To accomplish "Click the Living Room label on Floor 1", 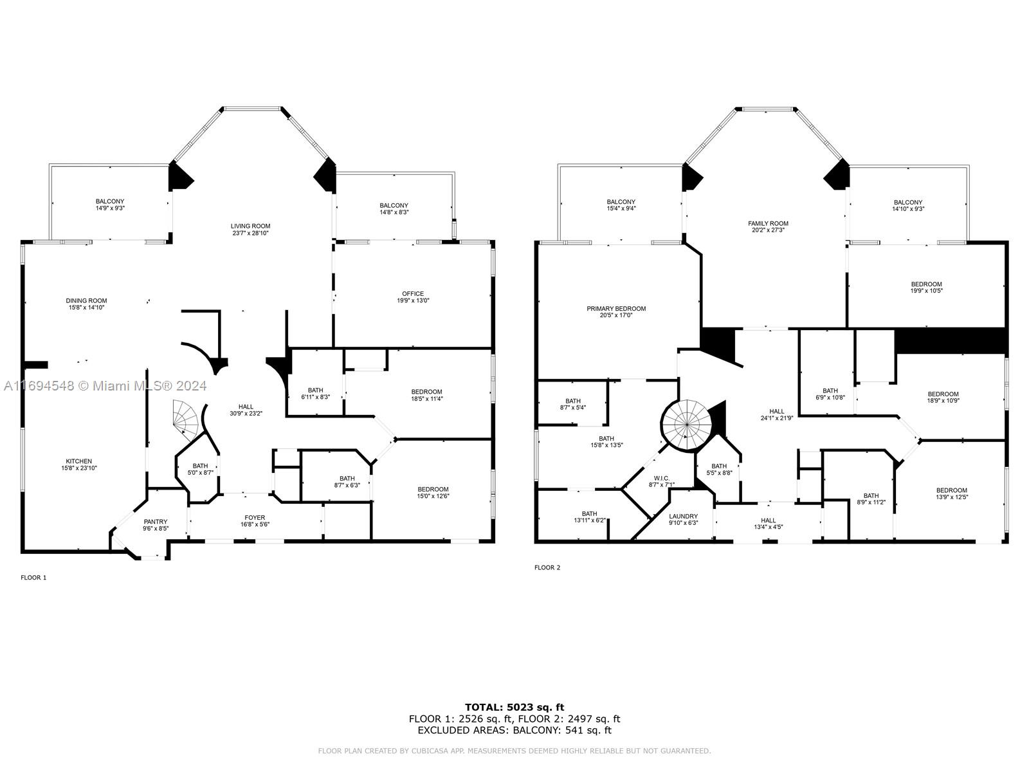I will point(250,226).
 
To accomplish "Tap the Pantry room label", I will point(156,522).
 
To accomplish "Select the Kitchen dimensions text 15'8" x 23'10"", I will point(79,468).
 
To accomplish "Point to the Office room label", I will point(413,294).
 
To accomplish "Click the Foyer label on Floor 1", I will point(255,517).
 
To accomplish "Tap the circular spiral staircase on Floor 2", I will point(686,425).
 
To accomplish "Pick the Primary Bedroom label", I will point(616,309).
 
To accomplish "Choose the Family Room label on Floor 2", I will point(768,223).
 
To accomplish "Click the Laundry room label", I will point(683,516).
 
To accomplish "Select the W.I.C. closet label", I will point(662,478).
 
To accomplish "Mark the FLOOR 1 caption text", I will point(33,578).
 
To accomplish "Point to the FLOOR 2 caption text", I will point(547,567).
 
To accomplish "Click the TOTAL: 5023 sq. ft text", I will point(514,708).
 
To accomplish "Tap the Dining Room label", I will point(86,300).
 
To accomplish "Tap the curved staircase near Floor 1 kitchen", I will point(186,419).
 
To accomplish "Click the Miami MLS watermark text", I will point(105,386).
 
